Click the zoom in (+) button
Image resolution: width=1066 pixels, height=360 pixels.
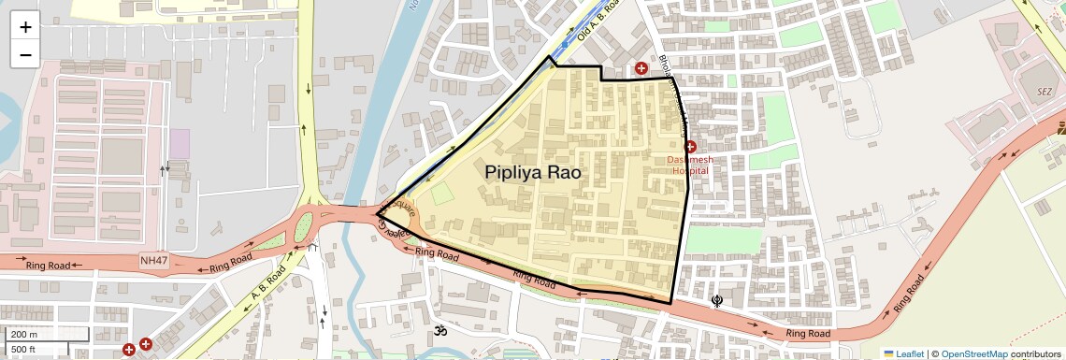pos(25,26)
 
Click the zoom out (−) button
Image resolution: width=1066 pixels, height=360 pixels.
pos(25,54)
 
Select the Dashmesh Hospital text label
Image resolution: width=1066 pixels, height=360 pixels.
pos(690,165)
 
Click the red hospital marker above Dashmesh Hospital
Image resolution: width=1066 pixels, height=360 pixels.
pos(690,147)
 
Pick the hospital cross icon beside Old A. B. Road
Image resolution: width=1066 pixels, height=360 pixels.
pos(641,68)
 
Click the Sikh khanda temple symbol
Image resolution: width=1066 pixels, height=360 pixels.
pos(717,300)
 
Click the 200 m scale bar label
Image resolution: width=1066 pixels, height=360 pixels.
pos(24,335)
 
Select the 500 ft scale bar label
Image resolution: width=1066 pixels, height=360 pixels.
pos(24,350)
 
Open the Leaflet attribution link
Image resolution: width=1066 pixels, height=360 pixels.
pos(902,354)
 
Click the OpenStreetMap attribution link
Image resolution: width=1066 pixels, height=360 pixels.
pos(973,354)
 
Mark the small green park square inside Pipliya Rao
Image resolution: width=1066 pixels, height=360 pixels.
pos(441,194)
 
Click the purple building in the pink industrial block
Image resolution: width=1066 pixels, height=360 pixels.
pos(179,144)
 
